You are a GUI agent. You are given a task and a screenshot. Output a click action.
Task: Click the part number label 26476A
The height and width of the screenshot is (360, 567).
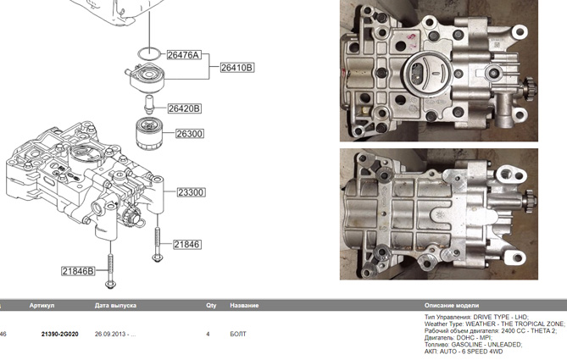coord(182,55)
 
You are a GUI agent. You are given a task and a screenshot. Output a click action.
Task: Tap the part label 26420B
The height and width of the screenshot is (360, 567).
coord(184,108)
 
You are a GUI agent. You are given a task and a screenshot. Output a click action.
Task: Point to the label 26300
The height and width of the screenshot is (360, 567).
coord(190,134)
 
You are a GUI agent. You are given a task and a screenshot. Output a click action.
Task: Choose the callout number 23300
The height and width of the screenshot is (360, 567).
coord(191,193)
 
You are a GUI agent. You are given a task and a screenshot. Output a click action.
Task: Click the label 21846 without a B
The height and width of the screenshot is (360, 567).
coord(186,244)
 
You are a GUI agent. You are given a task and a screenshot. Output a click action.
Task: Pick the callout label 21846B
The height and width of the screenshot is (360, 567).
coord(77,272)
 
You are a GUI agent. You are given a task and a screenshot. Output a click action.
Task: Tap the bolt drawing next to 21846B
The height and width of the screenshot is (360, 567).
coord(110,263)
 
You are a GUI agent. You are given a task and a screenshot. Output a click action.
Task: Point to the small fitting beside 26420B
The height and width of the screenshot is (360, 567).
coord(149,105)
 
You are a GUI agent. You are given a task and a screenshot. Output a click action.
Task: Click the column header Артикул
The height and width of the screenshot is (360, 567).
coord(42,305)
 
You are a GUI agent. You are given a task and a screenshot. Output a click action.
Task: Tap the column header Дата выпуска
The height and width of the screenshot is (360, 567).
coord(115,305)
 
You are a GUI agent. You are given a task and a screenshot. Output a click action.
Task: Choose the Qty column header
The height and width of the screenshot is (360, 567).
coord(211,305)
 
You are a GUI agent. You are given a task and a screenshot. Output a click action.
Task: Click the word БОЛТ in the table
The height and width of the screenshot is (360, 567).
coord(238,334)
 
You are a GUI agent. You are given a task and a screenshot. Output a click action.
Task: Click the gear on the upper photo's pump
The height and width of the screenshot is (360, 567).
coord(526,90)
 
